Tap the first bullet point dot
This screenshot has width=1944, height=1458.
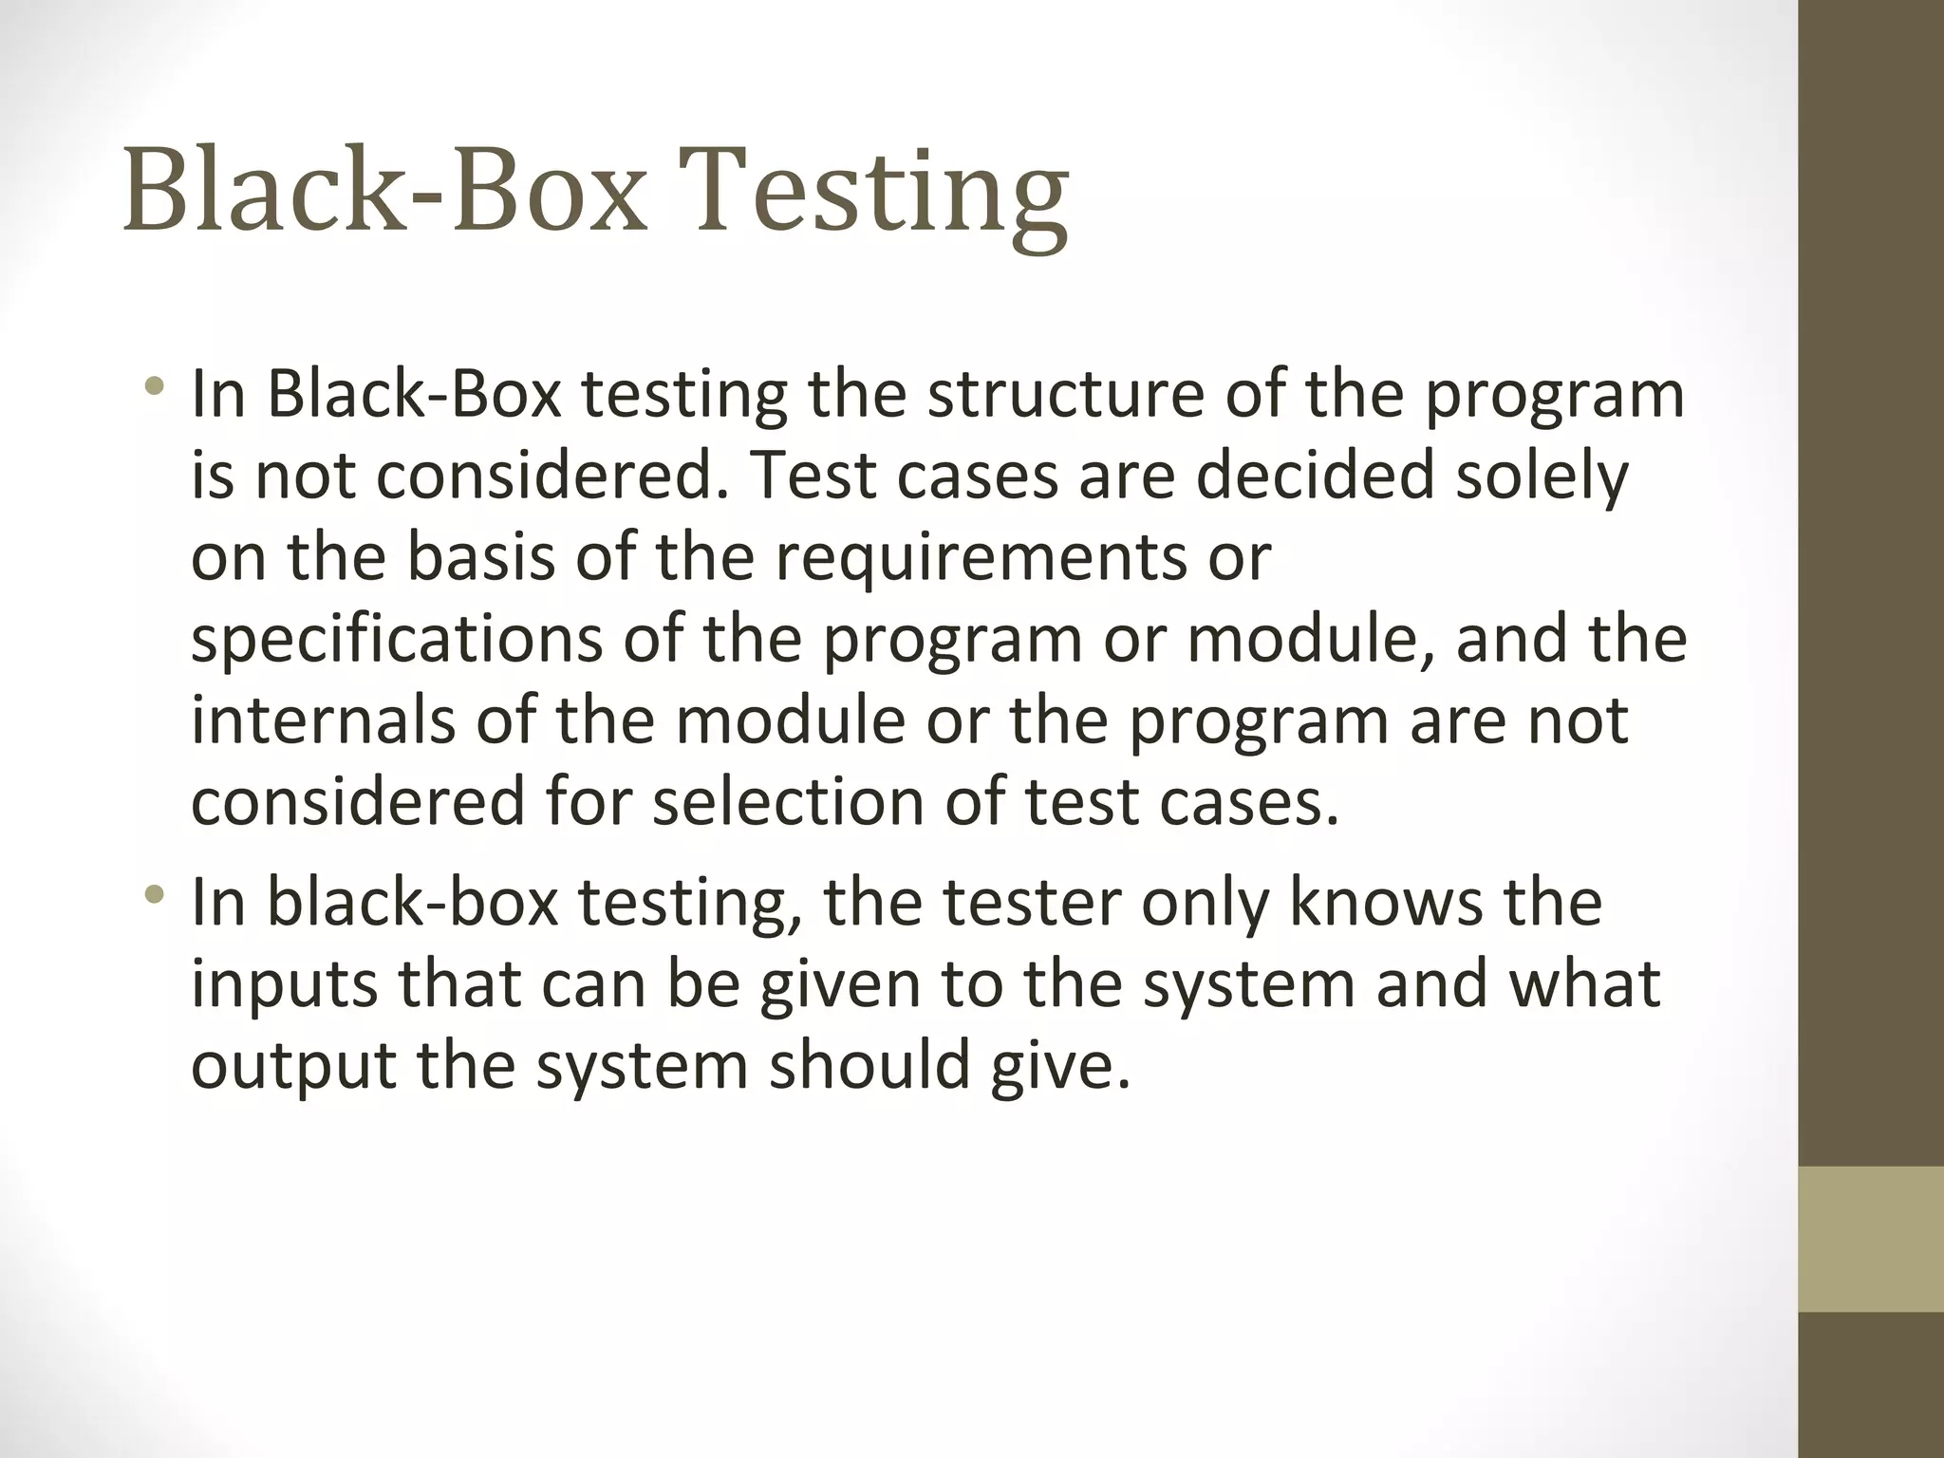click(155, 386)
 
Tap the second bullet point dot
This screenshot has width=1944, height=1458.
click(155, 894)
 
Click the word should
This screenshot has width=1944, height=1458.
click(869, 1065)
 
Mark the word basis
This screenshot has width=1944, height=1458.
click(480, 557)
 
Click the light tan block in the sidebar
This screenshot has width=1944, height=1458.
click(1870, 1239)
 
